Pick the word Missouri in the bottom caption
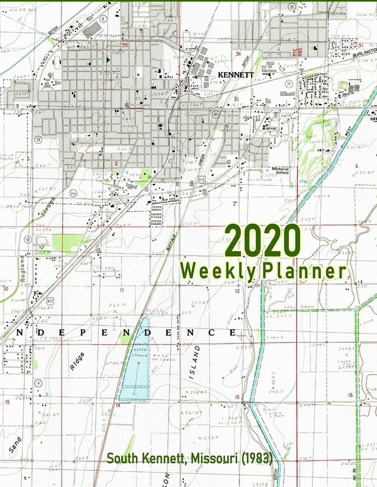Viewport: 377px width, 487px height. click(x=213, y=458)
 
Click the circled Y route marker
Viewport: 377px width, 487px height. click(x=38, y=383)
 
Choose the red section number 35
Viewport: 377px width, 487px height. click(x=124, y=45)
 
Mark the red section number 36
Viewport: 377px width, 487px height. click(x=238, y=53)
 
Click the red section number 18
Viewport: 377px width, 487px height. click(x=350, y=395)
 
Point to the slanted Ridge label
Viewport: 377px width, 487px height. click(x=77, y=361)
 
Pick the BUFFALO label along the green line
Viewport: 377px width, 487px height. click(x=171, y=242)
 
